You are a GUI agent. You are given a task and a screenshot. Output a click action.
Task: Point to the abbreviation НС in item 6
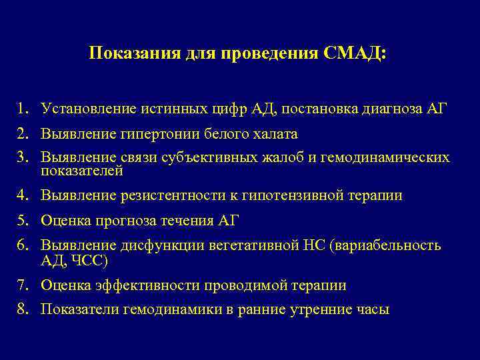(x=311, y=245)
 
